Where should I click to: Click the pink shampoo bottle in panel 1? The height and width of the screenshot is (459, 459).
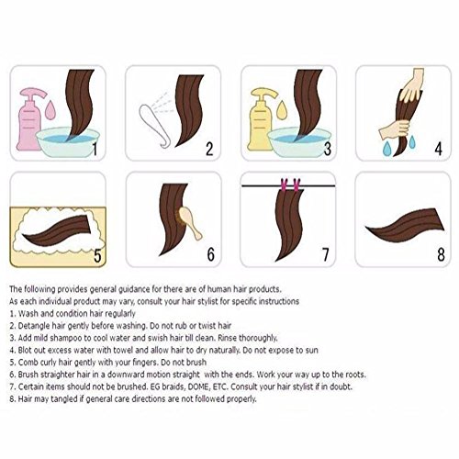tap(29, 122)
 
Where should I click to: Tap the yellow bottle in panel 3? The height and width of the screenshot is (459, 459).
tap(260, 122)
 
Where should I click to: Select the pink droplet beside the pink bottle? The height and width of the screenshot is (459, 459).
tap(50, 110)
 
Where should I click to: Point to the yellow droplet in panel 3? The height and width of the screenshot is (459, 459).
tap(282, 110)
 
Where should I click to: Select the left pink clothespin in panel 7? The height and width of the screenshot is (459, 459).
tap(285, 185)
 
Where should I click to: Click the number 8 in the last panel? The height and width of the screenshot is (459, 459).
tap(441, 254)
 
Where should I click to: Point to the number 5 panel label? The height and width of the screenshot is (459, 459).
tap(97, 255)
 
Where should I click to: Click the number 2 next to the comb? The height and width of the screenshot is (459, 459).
tap(209, 149)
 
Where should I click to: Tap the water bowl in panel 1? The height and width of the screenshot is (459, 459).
tap(68, 143)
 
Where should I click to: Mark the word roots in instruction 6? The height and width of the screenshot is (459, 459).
tap(356, 375)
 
